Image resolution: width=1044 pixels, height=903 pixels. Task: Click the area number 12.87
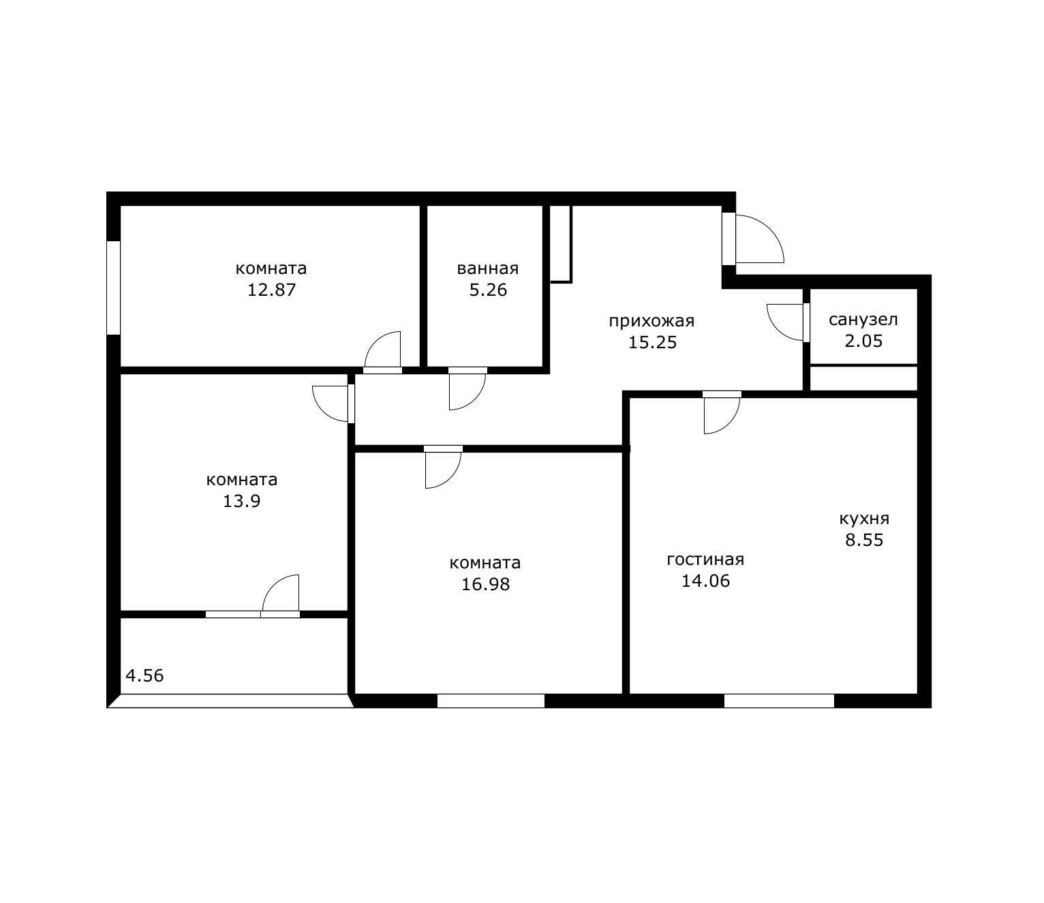pyautogui.click(x=271, y=290)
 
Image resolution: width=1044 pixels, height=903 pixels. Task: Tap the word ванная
pyautogui.click(x=487, y=269)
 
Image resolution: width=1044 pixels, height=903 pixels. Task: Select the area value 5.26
pyautogui.click(x=488, y=290)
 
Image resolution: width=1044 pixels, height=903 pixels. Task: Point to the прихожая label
pyautogui.click(x=651, y=322)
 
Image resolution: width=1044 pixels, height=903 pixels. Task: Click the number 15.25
pyautogui.click(x=652, y=342)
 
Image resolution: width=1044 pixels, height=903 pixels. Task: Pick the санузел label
pyautogui.click(x=863, y=320)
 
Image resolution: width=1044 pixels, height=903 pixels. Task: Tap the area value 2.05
pyautogui.click(x=863, y=341)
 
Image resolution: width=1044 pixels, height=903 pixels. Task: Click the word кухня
pyautogui.click(x=864, y=519)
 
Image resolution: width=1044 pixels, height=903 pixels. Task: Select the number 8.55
pyautogui.click(x=864, y=540)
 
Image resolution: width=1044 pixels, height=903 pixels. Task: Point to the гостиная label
pyautogui.click(x=705, y=560)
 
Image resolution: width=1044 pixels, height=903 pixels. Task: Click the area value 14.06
pyautogui.click(x=705, y=581)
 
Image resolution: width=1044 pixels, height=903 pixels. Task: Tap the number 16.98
pyautogui.click(x=485, y=584)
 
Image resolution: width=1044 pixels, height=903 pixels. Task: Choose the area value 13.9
pyautogui.click(x=241, y=502)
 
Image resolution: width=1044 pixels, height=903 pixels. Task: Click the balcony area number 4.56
pyautogui.click(x=144, y=676)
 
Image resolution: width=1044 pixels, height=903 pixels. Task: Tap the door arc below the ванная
pyautogui.click(x=475, y=399)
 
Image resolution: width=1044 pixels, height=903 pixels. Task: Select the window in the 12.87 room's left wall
pyautogui.click(x=113, y=288)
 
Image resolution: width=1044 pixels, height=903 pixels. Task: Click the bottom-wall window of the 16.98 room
pyautogui.click(x=491, y=701)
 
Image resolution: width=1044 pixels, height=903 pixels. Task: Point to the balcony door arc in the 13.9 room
pyautogui.click(x=273, y=585)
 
